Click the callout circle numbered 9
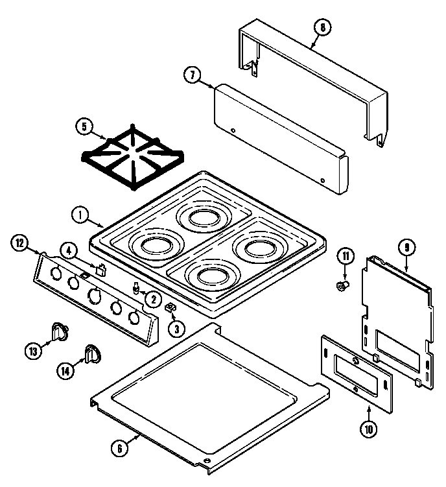tap(406, 247)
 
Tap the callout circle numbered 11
tap(346, 258)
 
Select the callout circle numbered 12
tap(20, 244)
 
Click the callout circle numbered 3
tap(176, 329)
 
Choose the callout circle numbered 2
tap(154, 299)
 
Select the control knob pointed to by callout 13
tap(60, 331)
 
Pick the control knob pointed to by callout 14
tap(91, 353)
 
